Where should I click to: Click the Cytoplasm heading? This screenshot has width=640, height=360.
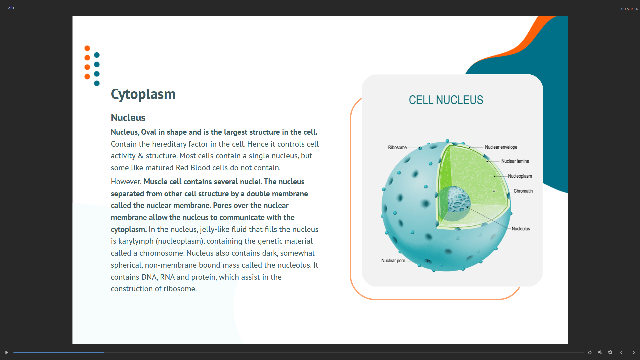coord(143,94)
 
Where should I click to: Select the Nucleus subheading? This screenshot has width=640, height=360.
coord(128,118)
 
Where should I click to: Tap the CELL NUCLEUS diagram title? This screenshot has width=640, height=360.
coord(446,100)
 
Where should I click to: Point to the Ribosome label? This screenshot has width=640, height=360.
coord(397,147)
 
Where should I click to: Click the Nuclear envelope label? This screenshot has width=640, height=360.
coord(501,147)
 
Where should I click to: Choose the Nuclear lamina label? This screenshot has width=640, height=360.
coord(515,161)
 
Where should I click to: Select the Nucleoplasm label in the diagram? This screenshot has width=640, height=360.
coord(520,176)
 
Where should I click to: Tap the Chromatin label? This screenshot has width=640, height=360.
coord(523,191)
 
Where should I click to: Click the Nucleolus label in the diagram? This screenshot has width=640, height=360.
coord(521,229)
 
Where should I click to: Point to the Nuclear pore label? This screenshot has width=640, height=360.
coord(393,261)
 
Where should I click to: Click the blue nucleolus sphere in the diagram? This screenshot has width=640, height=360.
coord(459,199)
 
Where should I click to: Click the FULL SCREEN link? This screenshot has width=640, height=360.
coord(629,9)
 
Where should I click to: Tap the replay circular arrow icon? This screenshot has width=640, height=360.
coord(590,352)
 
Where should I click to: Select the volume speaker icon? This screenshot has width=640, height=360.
coord(600,352)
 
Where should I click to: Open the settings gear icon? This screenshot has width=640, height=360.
coord(610,352)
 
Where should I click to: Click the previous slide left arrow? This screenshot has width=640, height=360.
coord(621,352)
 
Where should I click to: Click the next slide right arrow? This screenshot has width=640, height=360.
coord(633,352)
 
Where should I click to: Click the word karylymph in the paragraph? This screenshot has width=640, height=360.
coord(136,241)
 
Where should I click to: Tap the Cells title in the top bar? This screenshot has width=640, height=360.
coord(10,8)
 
